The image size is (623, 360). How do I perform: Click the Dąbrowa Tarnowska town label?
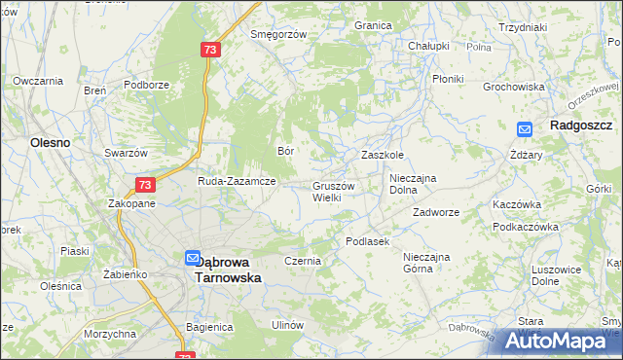point(230,269)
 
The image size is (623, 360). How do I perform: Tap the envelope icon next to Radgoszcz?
point(525,127)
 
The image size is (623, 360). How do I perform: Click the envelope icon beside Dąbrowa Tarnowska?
point(192,259)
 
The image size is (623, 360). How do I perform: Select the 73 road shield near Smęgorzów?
point(210,50)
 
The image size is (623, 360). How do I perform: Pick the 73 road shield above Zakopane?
point(144,185)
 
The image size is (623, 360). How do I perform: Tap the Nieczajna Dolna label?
point(416,184)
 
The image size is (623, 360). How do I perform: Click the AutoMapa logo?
point(560,341)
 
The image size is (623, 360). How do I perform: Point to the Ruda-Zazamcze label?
point(237,181)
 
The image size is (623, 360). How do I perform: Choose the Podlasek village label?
point(367,240)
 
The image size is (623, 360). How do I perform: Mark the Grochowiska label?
point(513,87)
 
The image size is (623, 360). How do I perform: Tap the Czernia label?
point(302,261)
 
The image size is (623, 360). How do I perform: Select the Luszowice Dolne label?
point(559,275)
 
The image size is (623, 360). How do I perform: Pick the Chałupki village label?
point(428,46)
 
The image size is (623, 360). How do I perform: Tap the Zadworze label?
point(435,211)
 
